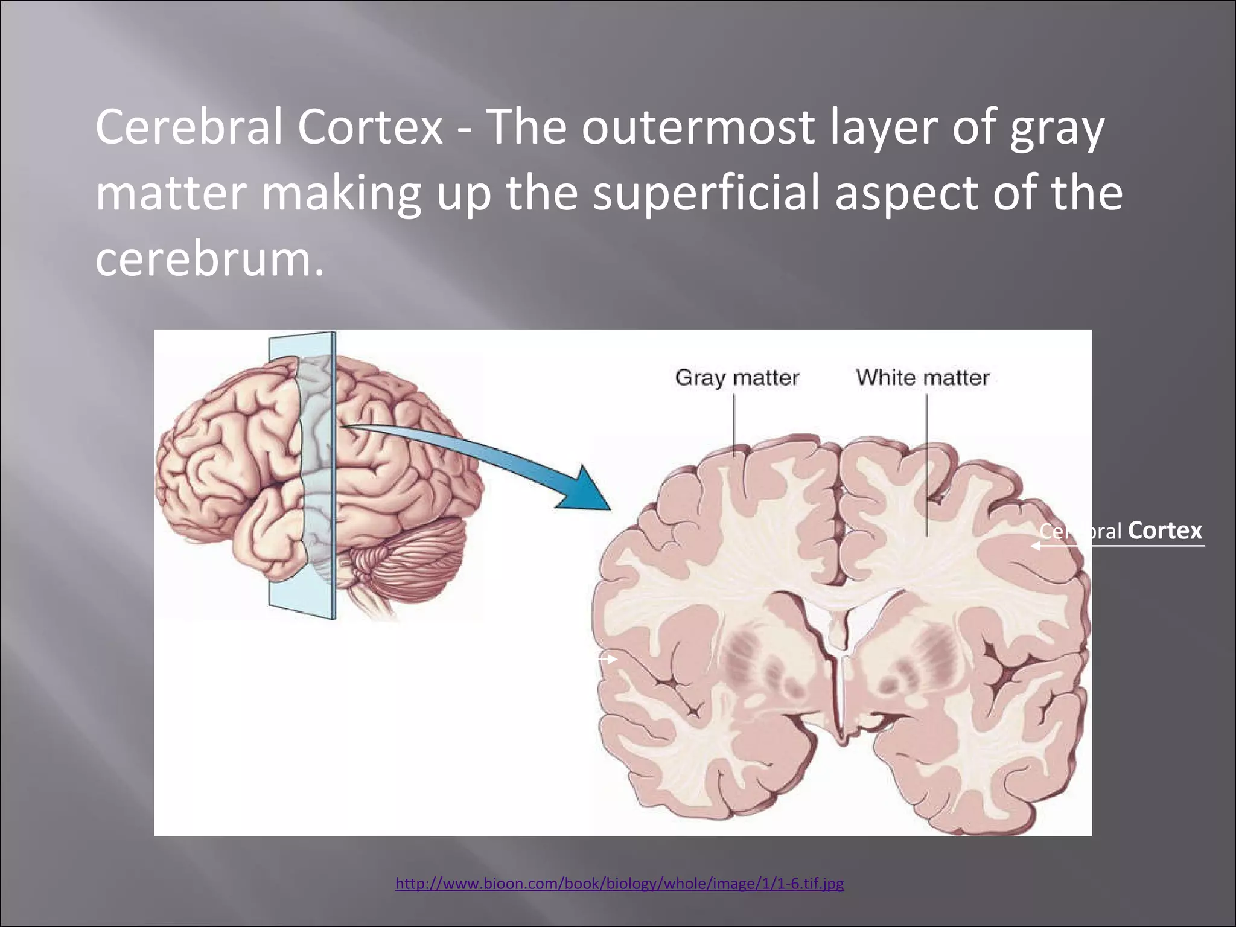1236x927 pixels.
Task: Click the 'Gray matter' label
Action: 737,378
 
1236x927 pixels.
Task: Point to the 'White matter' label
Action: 922,378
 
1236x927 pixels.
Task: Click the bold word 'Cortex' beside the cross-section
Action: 1164,530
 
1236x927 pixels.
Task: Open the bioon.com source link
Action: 619,884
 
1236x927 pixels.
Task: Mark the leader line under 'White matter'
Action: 927,465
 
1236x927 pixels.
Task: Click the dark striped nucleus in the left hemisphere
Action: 760,664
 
